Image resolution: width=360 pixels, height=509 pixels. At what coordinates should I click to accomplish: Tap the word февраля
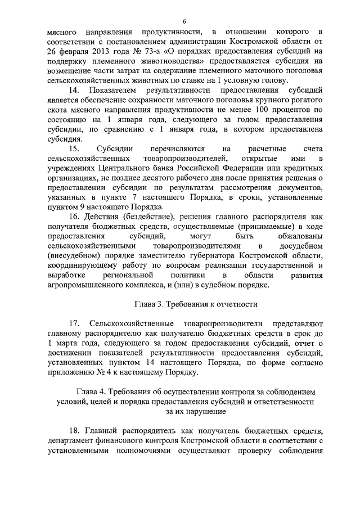(x=69, y=53)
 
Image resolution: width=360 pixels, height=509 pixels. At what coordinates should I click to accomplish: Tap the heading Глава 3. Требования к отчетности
(x=195, y=305)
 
